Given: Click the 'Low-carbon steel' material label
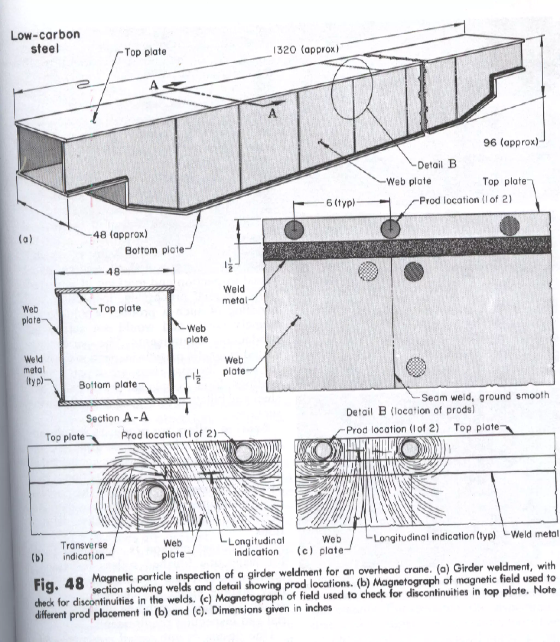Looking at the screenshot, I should [x=45, y=42].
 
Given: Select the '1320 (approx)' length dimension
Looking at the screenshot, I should [x=306, y=50].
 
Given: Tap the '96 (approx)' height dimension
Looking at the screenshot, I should [x=511, y=143].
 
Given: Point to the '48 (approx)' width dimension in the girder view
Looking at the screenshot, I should [x=120, y=234].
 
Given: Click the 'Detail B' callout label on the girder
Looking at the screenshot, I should [x=437, y=164].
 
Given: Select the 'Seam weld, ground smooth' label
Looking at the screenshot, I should [x=485, y=397].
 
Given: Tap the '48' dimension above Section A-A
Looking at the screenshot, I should [x=113, y=272].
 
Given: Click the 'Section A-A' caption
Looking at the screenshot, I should [x=118, y=418].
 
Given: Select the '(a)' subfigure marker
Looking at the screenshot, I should [x=25, y=239].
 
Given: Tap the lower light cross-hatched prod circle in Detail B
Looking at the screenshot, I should [x=416, y=367].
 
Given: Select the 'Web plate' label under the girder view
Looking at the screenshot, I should [x=409, y=181].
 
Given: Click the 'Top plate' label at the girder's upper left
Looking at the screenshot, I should [x=146, y=52].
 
